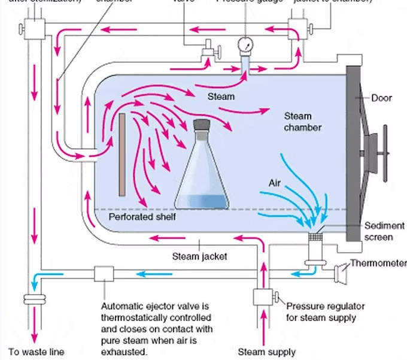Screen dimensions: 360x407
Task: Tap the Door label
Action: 381,98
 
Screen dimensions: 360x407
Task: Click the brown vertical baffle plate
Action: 122,154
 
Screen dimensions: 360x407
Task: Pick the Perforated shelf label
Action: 142,216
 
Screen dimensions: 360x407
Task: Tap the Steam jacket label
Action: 193,256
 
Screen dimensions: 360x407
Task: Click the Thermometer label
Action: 378,263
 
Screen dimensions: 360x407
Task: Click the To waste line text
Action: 36,351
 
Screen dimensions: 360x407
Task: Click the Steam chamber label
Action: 302,122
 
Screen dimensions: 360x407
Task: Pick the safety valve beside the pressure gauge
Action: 208,50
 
